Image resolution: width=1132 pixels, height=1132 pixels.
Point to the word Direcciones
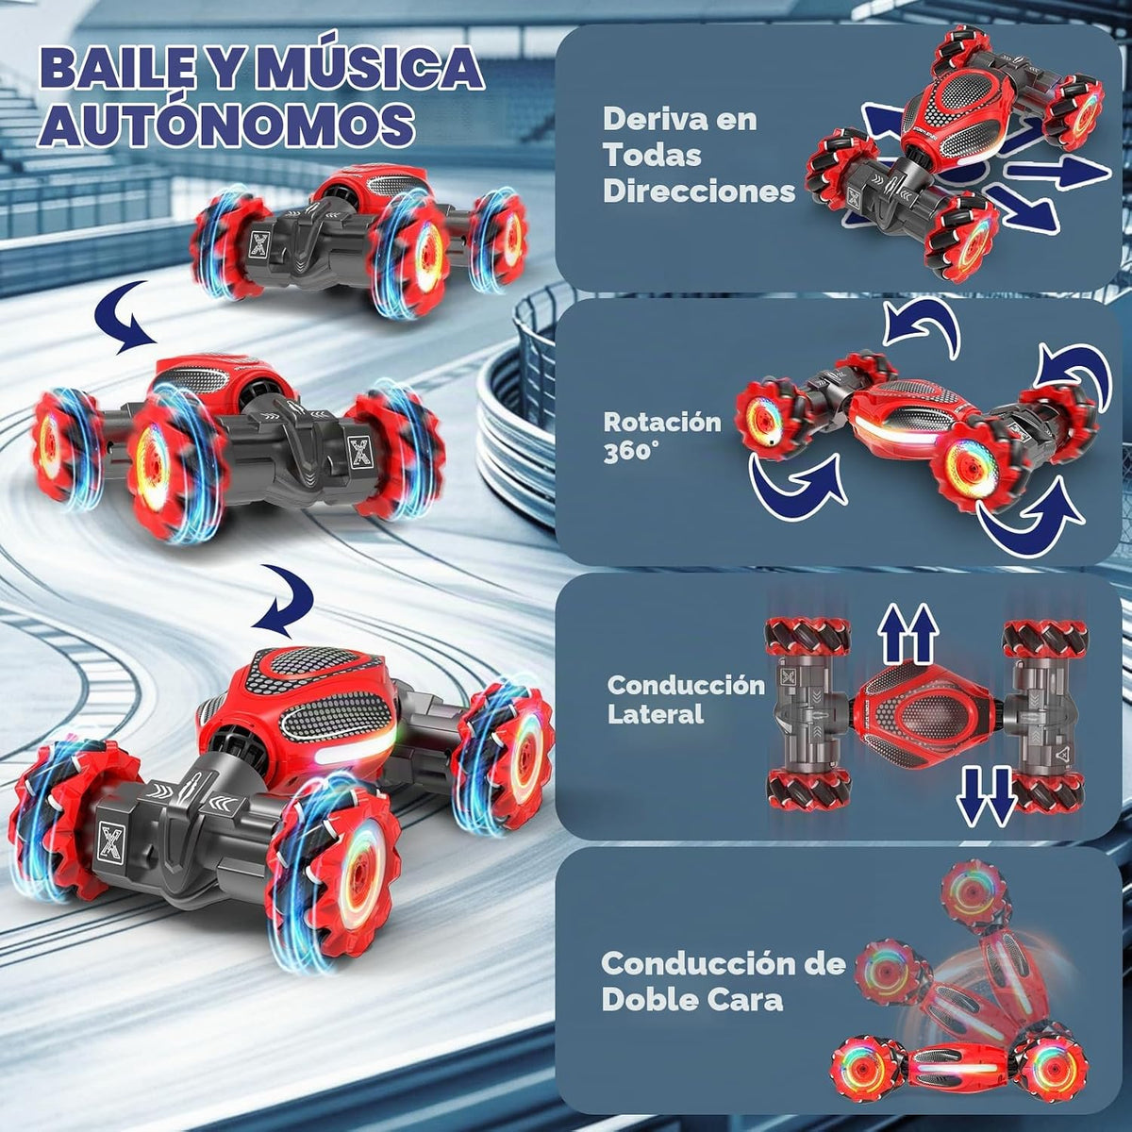point(698,191)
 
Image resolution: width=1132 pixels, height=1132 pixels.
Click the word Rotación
point(662,423)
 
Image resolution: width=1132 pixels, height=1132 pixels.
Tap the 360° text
point(628,453)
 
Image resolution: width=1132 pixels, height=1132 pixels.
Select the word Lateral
point(655,714)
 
